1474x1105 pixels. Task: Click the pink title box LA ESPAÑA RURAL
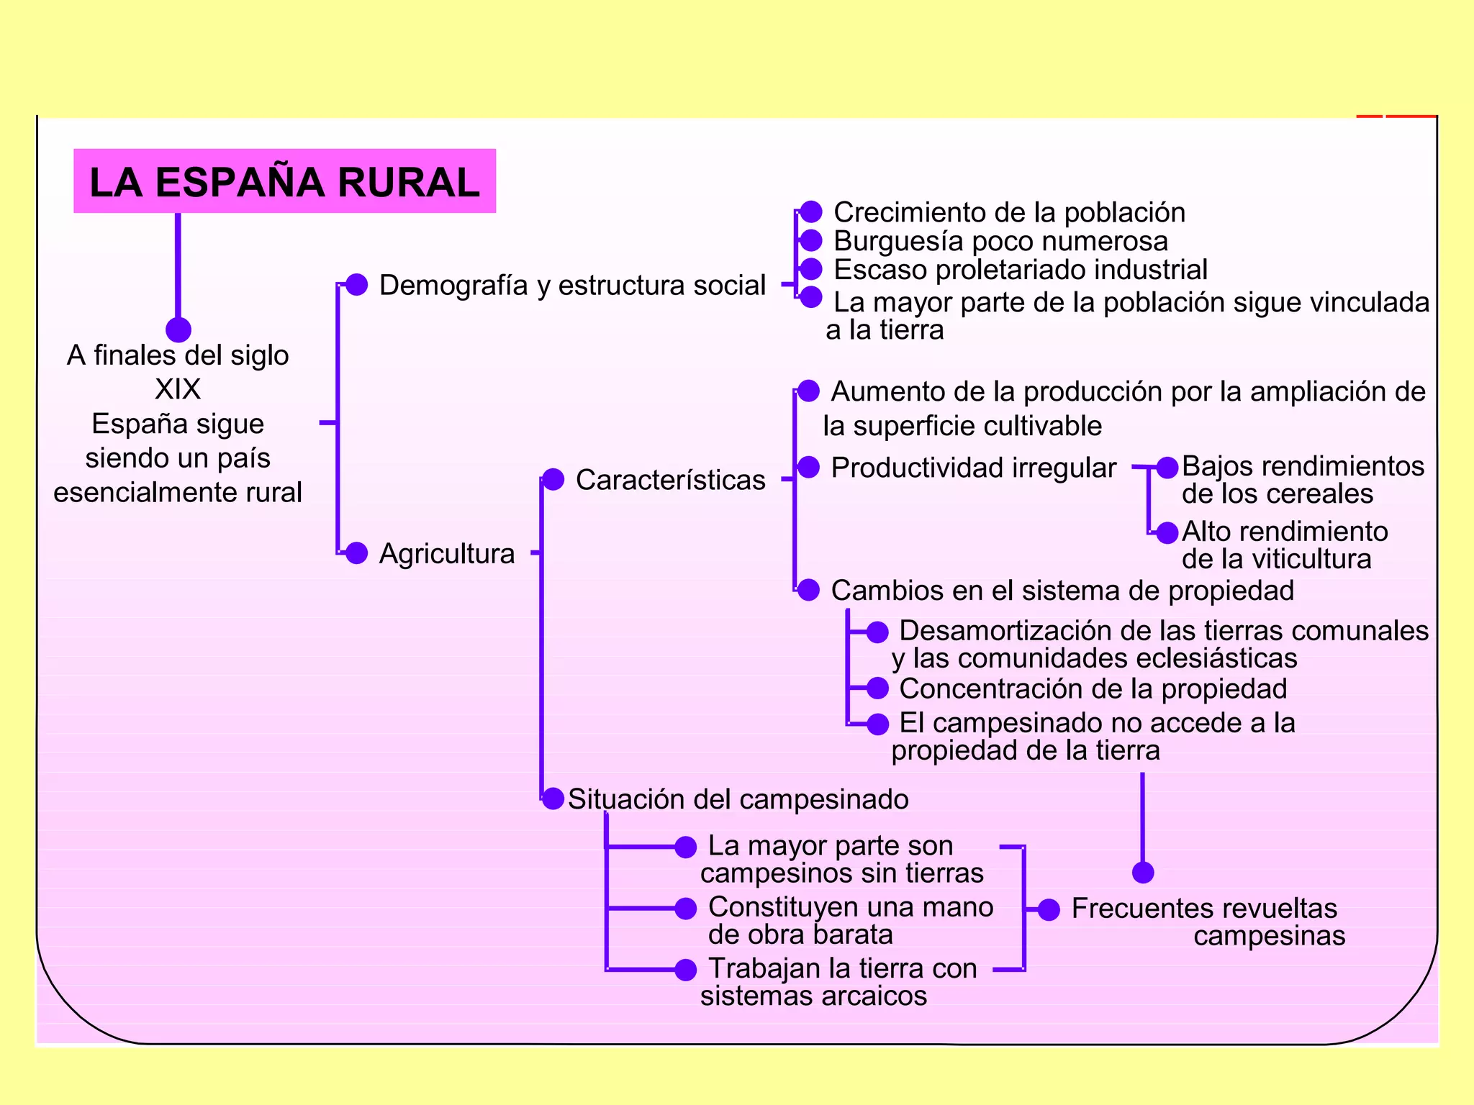point(284,181)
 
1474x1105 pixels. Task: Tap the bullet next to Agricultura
point(356,552)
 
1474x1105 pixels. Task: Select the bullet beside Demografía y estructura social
point(356,285)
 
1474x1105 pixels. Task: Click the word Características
point(670,480)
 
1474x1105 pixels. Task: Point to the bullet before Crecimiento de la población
point(811,212)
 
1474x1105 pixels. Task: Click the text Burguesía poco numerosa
point(1000,241)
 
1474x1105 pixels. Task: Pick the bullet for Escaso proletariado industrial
point(811,269)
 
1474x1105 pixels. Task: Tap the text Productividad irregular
point(973,468)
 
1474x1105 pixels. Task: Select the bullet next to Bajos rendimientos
point(1167,467)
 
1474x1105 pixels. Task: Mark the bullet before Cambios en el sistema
point(808,590)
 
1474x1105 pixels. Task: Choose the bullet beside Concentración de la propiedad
point(877,688)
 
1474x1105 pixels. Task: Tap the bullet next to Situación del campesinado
point(553,799)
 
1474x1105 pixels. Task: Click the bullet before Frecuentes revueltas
point(1049,909)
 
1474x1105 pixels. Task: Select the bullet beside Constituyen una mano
point(685,909)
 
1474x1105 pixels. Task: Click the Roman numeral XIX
point(178,389)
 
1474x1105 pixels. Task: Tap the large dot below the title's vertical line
point(178,330)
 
